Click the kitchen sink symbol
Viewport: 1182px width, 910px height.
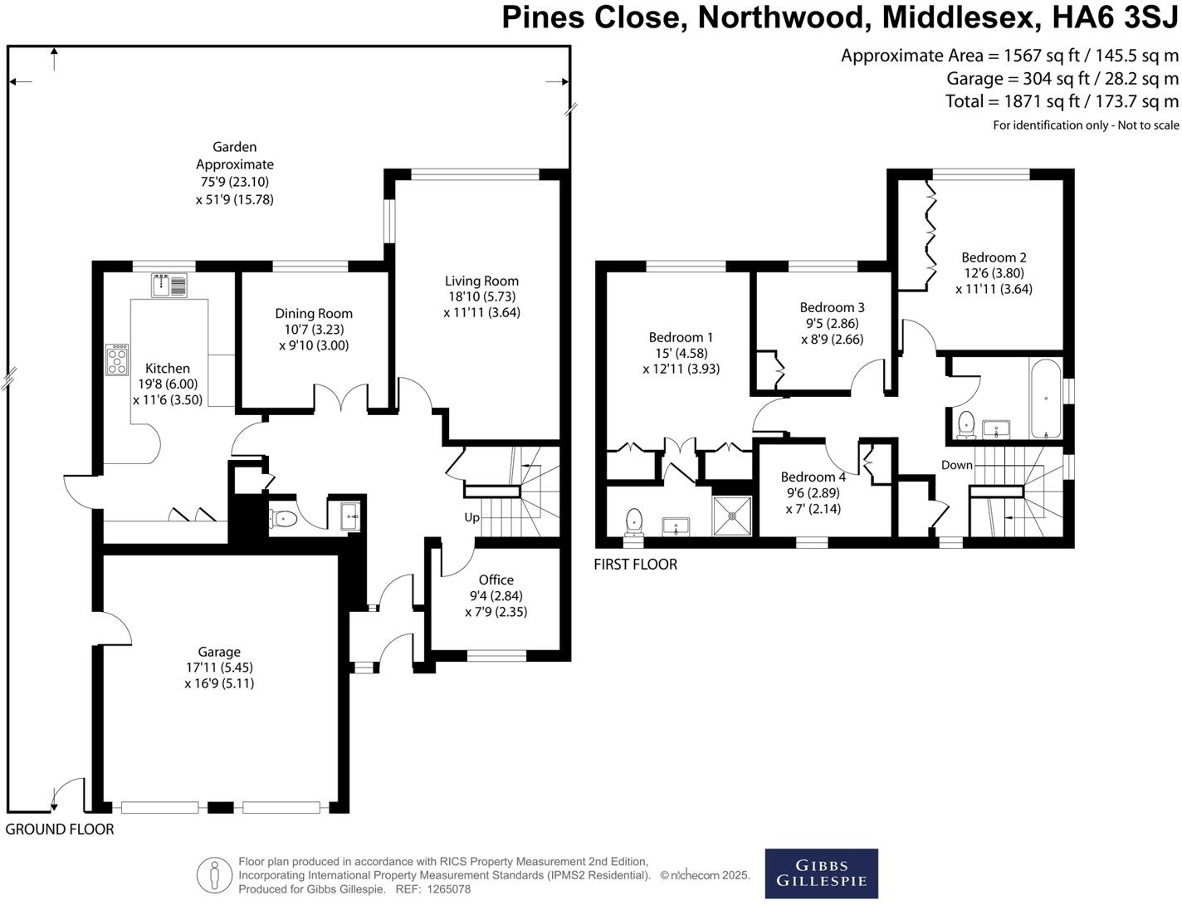(169, 286)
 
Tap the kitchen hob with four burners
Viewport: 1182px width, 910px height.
(117, 360)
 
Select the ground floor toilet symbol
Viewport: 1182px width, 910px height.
(282, 519)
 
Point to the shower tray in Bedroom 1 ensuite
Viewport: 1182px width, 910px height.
(732, 516)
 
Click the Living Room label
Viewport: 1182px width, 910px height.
(481, 281)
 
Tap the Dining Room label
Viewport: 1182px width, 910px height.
(314, 313)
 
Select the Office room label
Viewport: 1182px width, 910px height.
(496, 580)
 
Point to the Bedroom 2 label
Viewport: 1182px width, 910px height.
(994, 257)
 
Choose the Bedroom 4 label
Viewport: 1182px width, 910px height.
(813, 477)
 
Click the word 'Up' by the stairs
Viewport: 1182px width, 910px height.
(471, 517)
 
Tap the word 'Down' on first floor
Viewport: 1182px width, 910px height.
(956, 465)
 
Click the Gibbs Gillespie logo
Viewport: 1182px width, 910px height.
(821, 873)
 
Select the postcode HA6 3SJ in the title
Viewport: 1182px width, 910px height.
(1116, 17)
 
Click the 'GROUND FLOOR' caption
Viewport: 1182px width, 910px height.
(60, 829)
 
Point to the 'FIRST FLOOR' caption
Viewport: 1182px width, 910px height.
(635, 565)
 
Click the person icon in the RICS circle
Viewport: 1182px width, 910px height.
(214, 875)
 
